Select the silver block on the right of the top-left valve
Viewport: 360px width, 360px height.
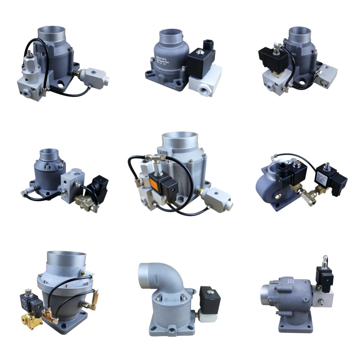[x=96, y=76]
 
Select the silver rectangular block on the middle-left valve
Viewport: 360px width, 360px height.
[x=72, y=186]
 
